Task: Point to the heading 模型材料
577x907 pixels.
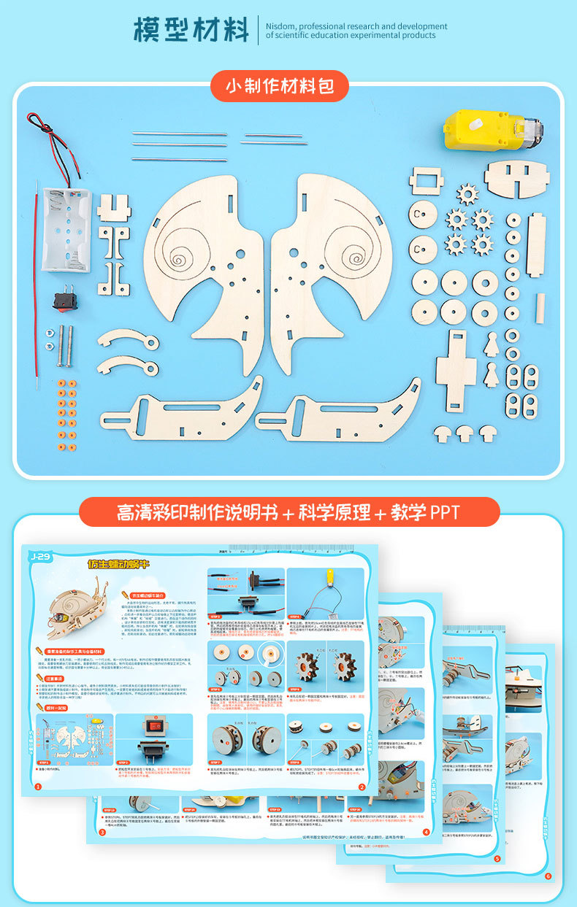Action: pos(191,30)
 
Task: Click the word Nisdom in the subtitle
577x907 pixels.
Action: pos(281,26)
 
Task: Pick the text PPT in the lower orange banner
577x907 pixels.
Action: pos(445,512)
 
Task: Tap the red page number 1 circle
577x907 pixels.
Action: pos(38,787)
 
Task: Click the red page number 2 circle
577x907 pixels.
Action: pos(362,787)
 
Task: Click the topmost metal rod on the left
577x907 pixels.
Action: pos(179,134)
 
